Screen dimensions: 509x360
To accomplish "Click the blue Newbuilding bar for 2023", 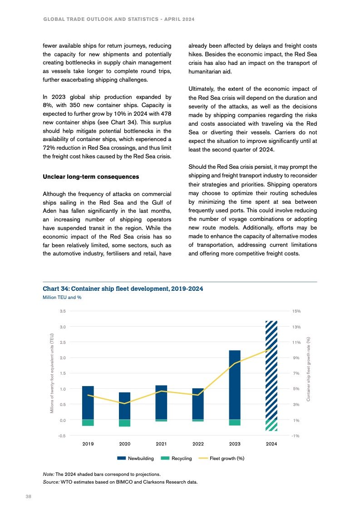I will [235, 385].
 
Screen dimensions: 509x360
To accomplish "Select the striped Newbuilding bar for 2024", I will [271, 370].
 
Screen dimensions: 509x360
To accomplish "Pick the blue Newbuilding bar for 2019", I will [88, 402].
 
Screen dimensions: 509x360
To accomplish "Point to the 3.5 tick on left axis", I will [63, 311].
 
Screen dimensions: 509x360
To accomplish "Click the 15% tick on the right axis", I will [296, 311].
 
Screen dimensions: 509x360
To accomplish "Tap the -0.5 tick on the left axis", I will [62, 436].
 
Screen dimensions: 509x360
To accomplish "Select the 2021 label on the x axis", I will [161, 444].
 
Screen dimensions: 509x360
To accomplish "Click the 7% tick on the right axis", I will [296, 373].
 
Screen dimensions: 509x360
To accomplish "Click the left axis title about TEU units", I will [52, 373].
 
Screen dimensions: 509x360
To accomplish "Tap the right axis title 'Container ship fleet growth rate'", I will [308, 368].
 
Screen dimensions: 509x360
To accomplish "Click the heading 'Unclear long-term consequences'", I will [90, 176].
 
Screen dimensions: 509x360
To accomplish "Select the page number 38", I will [28, 497].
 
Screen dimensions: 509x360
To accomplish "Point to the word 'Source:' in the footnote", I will [50, 482].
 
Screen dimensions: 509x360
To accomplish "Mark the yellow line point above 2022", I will [198, 395].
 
